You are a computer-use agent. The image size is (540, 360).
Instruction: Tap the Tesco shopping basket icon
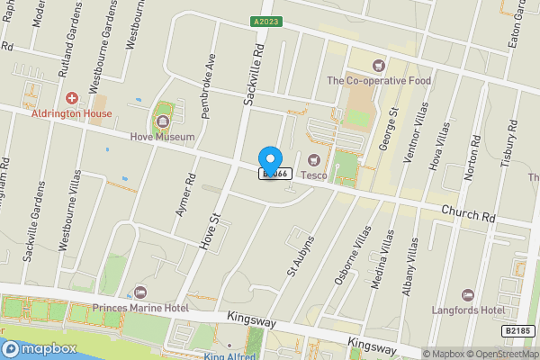tap(313, 160)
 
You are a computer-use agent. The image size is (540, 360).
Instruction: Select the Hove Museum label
tap(162, 138)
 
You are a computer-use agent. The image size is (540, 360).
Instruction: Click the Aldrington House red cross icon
tap(72, 97)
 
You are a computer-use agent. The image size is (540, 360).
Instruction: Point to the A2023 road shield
tap(265, 20)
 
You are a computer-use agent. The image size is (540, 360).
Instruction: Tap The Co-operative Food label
tap(379, 80)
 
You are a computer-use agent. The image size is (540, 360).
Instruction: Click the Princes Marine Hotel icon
tap(139, 292)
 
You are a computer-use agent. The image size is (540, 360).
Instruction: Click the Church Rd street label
tap(468, 214)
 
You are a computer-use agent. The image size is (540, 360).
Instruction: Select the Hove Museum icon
tap(162, 117)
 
